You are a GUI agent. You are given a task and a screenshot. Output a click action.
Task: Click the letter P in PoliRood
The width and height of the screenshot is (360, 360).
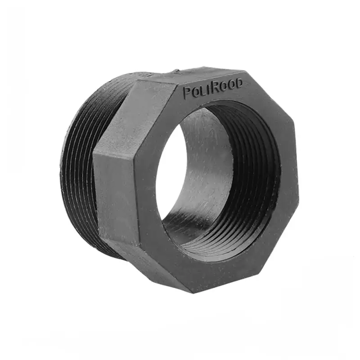click(187, 93)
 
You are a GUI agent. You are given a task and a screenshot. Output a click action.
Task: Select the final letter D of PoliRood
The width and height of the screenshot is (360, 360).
click(238, 84)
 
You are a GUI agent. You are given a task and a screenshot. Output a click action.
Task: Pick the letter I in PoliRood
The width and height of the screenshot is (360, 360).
click(208, 90)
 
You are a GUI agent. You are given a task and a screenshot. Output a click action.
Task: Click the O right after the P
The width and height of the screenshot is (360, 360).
click(194, 93)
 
